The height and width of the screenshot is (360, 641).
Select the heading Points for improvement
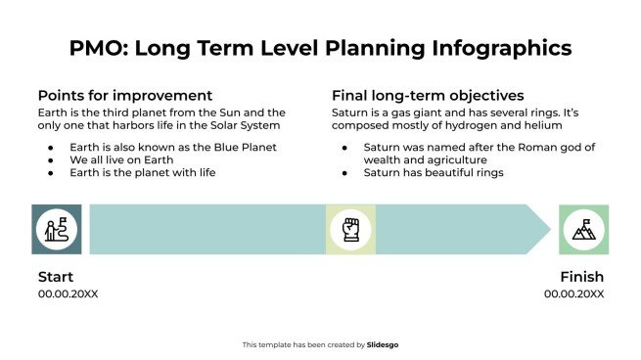(125, 95)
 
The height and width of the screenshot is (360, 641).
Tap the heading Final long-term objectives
(428, 95)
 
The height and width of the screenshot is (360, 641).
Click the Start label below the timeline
(56, 277)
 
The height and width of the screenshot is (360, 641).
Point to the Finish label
(581, 277)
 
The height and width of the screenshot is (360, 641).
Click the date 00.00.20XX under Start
(69, 293)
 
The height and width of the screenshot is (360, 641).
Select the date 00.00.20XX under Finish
(574, 293)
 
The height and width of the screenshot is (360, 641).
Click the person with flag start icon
(56, 230)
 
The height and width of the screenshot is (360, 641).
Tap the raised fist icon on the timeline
(350, 230)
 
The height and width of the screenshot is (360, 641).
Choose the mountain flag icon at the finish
(584, 230)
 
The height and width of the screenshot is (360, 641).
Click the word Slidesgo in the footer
(383, 344)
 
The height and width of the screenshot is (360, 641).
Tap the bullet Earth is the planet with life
(143, 172)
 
